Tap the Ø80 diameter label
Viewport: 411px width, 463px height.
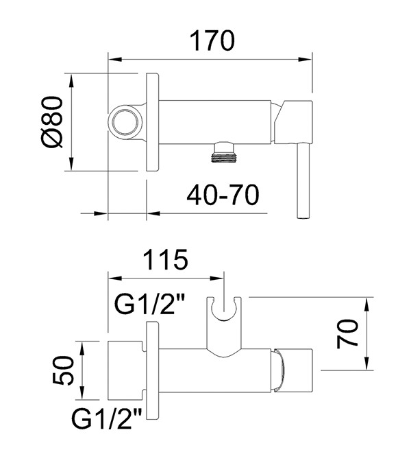tap(51, 121)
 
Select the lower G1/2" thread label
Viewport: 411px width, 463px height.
tap(104, 416)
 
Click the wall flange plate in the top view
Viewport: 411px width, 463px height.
tap(152, 121)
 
